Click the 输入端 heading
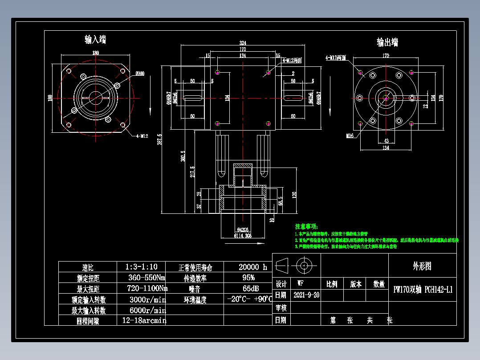point(95,40)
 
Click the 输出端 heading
point(387,42)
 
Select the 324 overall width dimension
point(243,43)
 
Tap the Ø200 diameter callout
point(140,74)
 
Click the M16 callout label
point(349,135)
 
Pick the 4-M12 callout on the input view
point(142,136)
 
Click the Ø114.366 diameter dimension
point(242,236)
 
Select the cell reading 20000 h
point(252,267)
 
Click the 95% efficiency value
point(248,278)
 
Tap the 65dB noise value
point(248,288)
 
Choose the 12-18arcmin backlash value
point(144,320)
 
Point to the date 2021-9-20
point(306,295)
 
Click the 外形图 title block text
point(422,266)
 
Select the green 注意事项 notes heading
point(308,226)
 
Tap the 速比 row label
point(88,268)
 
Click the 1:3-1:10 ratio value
point(141,267)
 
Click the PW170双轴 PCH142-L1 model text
point(423,289)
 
